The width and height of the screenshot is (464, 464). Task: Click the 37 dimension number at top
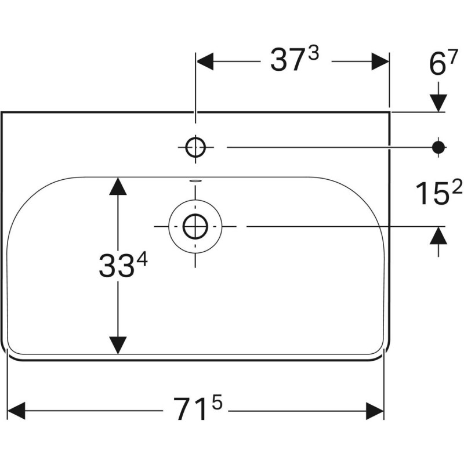[x=288, y=61]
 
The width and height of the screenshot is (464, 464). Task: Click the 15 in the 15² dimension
[x=430, y=194]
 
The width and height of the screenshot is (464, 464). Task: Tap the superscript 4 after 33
[x=142, y=260]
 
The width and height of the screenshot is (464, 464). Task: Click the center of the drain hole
[x=195, y=226]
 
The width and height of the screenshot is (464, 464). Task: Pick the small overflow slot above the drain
[x=195, y=180]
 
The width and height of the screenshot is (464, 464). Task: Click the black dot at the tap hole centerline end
[x=439, y=147]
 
